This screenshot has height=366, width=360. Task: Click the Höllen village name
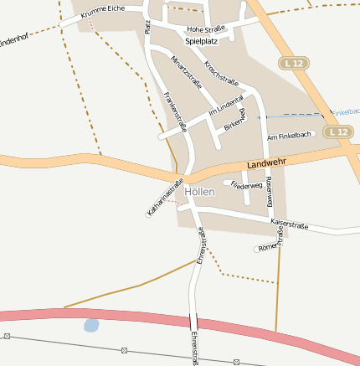200,192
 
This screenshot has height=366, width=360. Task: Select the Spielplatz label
201,40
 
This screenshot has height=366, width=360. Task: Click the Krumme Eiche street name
103,8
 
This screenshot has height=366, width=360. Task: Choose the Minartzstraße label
187,71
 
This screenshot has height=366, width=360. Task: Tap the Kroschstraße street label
221,73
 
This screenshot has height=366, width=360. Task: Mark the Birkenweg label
235,122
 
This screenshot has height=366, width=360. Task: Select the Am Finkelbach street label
289,136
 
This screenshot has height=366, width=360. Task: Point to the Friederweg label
247,184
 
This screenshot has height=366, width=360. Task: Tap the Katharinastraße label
165,199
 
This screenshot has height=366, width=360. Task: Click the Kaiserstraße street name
290,224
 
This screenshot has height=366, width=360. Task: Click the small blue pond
91,323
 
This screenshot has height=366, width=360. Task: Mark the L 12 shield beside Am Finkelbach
338,131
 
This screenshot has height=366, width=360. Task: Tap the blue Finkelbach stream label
346,111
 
